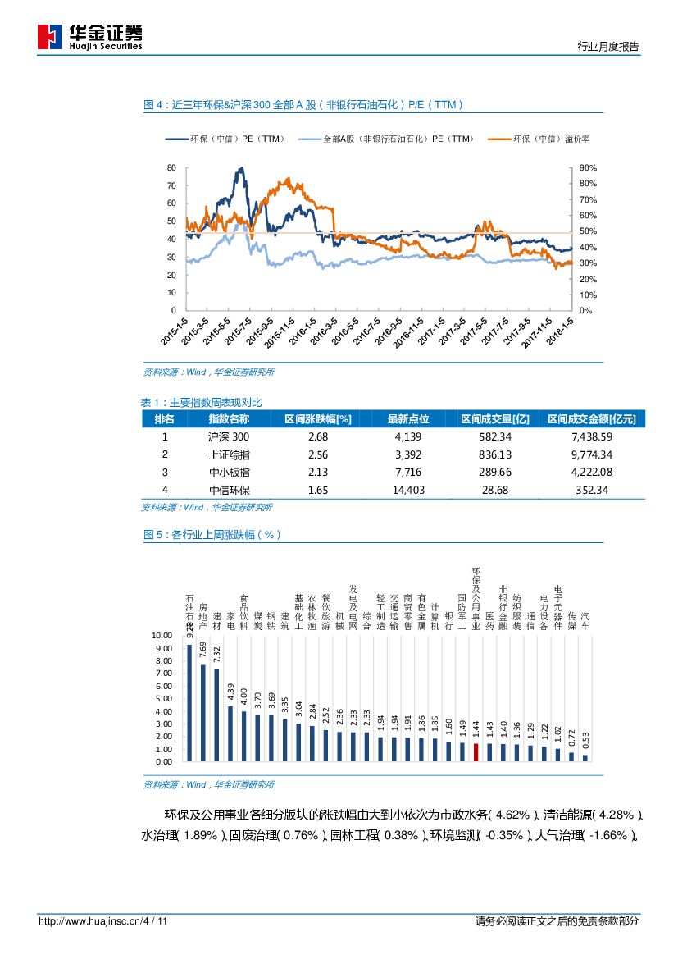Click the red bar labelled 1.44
tap(476, 752)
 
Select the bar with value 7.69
tap(202, 713)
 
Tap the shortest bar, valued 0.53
tap(585, 758)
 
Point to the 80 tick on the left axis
tap(171, 167)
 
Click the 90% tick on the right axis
tap(588, 167)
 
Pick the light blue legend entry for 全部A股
tap(386, 139)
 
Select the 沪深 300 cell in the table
tap(229, 437)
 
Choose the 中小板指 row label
tap(230, 472)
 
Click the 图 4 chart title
tap(303, 105)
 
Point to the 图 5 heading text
tap(212, 534)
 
